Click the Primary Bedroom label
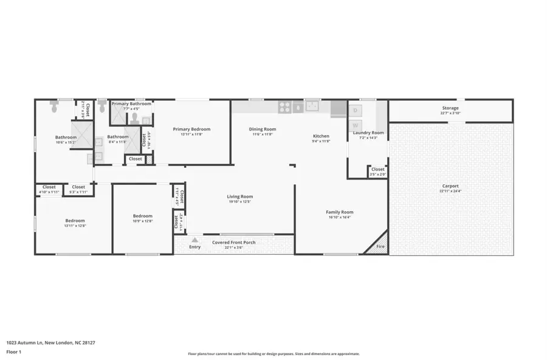191,129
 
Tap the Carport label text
450,186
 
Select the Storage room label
450,108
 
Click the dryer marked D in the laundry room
356,110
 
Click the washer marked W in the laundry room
356,125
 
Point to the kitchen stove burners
284,107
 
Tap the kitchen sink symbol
312,107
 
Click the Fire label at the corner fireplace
380,247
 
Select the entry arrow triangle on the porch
194,240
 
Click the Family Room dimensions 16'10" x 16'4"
340,217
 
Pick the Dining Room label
263,129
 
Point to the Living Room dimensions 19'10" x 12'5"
240,202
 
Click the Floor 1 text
14,351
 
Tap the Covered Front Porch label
233,243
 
